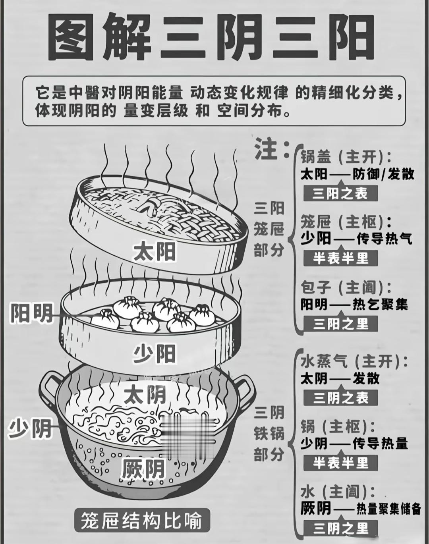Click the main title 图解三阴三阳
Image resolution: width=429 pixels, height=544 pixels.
tap(211, 38)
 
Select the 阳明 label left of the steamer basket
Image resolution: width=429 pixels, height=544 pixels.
tap(32, 314)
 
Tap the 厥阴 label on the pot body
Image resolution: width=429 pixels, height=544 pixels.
tap(143, 469)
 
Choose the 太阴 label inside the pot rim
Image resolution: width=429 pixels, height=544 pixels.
tap(145, 395)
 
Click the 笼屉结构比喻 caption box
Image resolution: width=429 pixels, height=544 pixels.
tap(141, 520)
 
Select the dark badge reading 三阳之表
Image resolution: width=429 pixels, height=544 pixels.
tap(340, 194)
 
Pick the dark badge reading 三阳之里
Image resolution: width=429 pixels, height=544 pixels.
tap(341, 324)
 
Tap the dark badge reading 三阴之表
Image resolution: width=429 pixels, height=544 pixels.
tap(341, 397)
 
